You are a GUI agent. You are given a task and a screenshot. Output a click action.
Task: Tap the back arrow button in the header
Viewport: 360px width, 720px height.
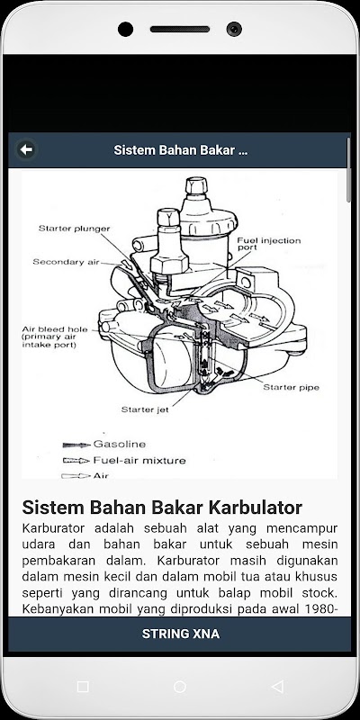(x=26, y=149)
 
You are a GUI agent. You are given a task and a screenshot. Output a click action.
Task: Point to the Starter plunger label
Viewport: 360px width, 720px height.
(x=74, y=229)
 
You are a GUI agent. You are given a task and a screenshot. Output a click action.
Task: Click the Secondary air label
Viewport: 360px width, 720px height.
(x=66, y=262)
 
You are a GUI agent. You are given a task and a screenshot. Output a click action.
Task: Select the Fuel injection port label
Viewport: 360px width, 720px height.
(x=268, y=244)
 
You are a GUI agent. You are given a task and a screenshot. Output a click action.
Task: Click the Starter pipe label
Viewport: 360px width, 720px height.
(x=291, y=387)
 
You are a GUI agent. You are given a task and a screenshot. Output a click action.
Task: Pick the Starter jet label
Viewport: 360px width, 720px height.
(x=145, y=409)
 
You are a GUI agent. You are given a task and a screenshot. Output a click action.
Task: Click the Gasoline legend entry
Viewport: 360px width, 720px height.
(x=120, y=444)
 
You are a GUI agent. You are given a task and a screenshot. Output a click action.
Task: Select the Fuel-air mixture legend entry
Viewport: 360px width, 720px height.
(x=139, y=460)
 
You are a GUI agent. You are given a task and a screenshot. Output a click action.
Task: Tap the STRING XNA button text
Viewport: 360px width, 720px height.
(x=181, y=634)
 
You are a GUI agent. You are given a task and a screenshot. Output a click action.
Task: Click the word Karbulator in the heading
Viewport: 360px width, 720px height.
(x=256, y=508)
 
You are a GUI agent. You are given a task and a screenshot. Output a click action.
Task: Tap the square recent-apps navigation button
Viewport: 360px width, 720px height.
(x=83, y=687)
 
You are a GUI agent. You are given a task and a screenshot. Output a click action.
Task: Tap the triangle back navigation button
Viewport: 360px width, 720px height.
(x=277, y=687)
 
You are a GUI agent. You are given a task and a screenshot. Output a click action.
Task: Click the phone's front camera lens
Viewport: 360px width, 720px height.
(x=234, y=30)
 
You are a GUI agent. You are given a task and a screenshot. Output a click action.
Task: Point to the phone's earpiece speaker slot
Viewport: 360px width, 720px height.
(x=180, y=30)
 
